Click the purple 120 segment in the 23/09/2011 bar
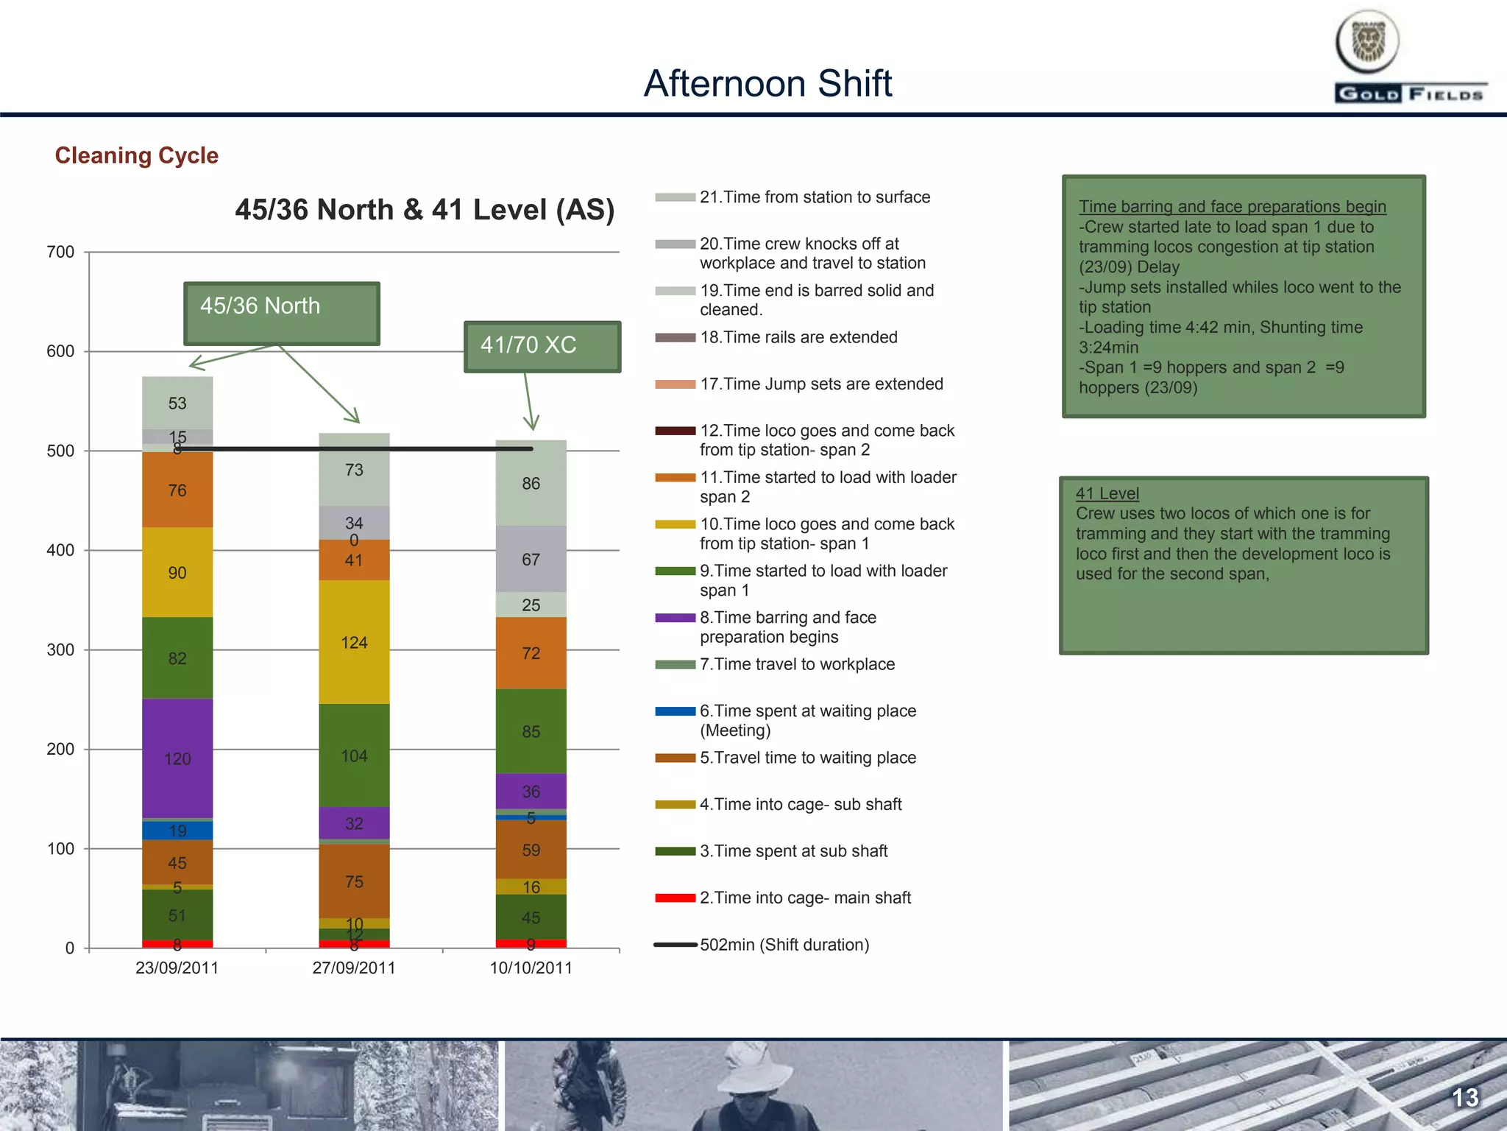pos(177,758)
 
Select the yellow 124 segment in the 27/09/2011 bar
pos(354,642)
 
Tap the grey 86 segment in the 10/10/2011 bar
pos(531,483)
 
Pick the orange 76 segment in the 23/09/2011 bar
pos(177,490)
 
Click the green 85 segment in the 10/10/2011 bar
pos(531,731)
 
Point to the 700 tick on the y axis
pos(61,253)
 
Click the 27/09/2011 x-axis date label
pos(354,968)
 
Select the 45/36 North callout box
pos(282,313)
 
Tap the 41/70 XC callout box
pos(542,346)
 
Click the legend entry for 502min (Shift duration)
pos(784,945)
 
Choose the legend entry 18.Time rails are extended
pos(798,337)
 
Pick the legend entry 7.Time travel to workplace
pos(797,664)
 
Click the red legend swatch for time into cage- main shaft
pos(676,898)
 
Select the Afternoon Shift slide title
pos(767,83)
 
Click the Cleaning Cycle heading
pos(137,155)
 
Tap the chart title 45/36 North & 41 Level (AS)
pos(425,210)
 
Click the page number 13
pos(1464,1098)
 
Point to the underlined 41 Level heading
pos(1107,493)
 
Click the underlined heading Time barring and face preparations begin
pos(1232,207)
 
